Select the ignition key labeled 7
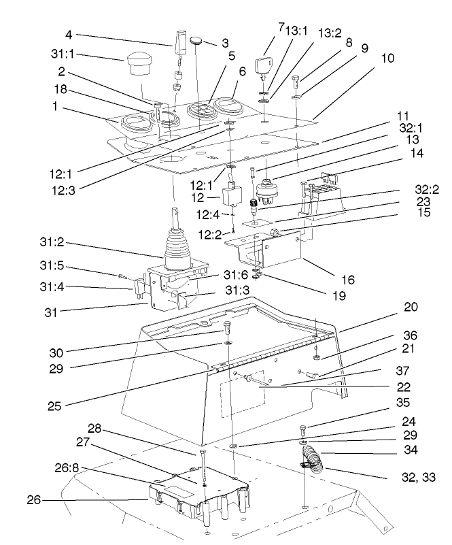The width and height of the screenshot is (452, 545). [266, 67]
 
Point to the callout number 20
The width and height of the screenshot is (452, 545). [410, 307]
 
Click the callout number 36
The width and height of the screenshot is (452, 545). [409, 336]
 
